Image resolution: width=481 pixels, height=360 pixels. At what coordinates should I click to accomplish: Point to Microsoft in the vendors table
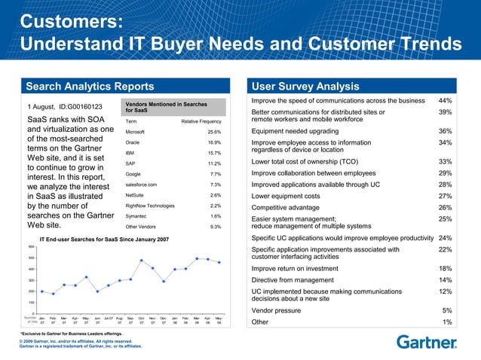(140, 131)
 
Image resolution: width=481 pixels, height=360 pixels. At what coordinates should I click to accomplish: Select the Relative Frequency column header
(201, 121)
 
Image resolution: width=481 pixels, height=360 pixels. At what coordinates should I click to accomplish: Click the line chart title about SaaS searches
(104, 239)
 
